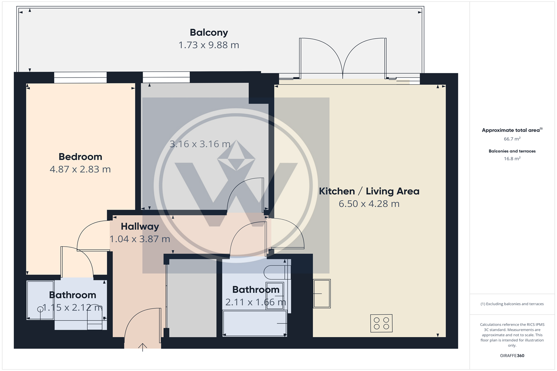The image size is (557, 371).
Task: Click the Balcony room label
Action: [209, 33]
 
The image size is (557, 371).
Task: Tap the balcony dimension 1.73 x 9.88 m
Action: [209, 45]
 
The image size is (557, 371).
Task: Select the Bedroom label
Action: [80, 157]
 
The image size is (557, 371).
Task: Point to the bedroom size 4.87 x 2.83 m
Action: [80, 169]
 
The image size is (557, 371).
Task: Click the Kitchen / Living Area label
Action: [369, 191]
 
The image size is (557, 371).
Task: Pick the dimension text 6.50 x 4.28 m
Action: [369, 204]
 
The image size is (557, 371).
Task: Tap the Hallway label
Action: [140, 226]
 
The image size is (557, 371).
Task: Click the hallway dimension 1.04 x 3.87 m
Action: [140, 239]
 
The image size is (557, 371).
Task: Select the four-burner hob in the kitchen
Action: [381, 323]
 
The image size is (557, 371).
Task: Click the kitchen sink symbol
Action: [322, 293]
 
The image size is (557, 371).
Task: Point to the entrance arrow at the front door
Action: [143, 347]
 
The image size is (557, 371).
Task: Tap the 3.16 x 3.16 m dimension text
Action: [200, 144]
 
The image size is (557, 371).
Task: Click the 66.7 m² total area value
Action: [512, 139]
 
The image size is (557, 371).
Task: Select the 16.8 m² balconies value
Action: [512, 158]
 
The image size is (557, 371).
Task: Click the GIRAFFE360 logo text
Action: [512, 355]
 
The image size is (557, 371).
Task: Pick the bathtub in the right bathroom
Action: [255, 323]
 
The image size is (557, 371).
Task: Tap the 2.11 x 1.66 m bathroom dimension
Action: [255, 302]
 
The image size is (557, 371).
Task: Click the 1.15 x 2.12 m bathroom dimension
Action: [72, 308]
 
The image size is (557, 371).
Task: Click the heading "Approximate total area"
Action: [511, 130]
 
